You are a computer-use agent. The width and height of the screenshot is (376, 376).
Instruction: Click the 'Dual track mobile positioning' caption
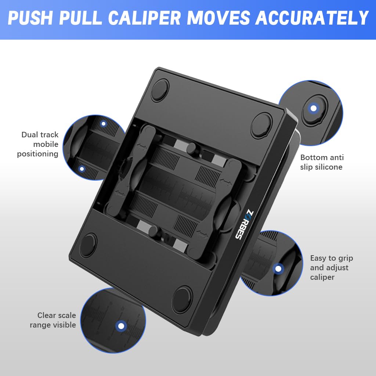(38, 144)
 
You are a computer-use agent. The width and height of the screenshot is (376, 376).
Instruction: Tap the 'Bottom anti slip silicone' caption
(322, 162)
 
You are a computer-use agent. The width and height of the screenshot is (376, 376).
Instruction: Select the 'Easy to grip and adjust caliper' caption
(332, 267)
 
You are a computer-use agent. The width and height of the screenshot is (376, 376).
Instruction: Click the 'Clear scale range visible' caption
(53, 320)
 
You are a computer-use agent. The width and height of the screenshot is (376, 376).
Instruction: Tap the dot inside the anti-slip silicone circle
(314, 108)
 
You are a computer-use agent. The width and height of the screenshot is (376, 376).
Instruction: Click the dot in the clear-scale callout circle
(121, 326)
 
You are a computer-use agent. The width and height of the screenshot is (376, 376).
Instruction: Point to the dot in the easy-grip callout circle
(278, 269)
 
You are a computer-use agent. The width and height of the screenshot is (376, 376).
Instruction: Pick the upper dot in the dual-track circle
(104, 124)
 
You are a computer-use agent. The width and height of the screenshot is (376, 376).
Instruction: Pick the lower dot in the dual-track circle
(82, 169)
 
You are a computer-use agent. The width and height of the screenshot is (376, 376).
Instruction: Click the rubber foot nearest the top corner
(160, 90)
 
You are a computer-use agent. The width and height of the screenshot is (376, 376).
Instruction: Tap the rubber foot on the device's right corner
(261, 125)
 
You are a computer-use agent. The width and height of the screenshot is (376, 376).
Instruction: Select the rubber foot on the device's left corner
(88, 245)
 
